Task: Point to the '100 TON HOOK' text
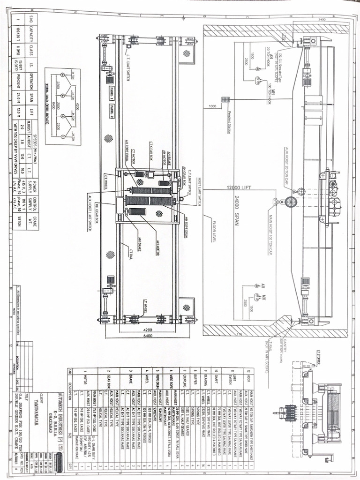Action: (270, 91)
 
